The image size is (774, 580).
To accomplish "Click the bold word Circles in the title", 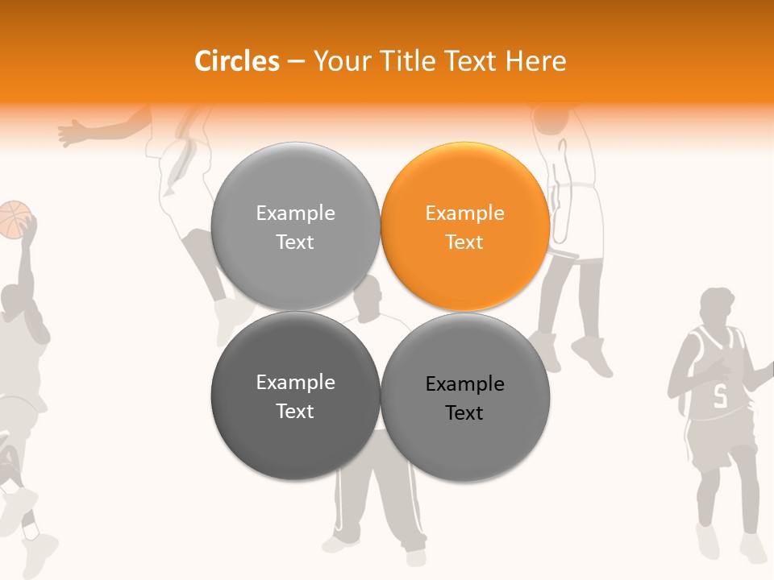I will [237, 61].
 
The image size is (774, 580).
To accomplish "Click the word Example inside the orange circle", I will [464, 213].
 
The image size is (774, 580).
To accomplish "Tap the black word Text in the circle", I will [464, 413].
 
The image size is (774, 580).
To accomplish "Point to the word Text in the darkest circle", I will [295, 412].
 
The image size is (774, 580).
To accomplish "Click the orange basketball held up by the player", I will [15, 219].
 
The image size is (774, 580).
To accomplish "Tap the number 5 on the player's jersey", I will [720, 396].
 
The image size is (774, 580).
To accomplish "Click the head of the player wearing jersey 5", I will [717, 305].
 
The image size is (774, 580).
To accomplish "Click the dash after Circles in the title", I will [296, 61].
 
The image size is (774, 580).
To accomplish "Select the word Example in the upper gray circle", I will [295, 213].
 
